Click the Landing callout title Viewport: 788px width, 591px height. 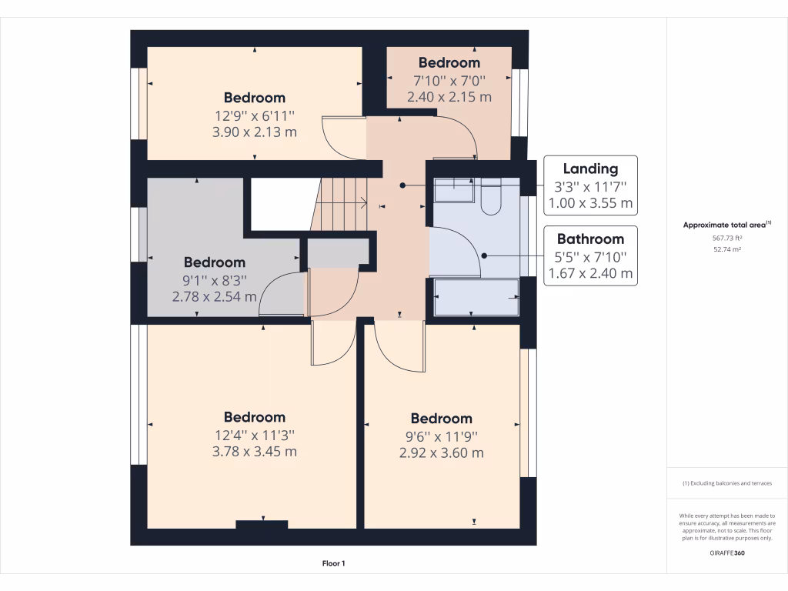[x=590, y=169]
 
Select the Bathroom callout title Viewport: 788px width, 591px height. [x=590, y=239]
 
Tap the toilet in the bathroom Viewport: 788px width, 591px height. [x=490, y=200]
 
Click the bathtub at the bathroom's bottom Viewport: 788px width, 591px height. [x=477, y=297]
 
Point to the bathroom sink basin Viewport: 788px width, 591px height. [x=454, y=189]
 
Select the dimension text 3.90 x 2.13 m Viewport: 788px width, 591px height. [x=254, y=132]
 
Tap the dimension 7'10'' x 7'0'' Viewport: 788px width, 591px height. [x=449, y=80]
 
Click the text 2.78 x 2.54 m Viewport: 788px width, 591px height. [x=214, y=295]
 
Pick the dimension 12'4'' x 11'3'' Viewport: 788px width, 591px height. [x=254, y=435]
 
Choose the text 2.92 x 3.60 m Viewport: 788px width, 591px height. [x=441, y=453]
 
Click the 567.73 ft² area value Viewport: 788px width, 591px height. [x=726, y=238]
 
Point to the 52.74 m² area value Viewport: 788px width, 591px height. [x=726, y=249]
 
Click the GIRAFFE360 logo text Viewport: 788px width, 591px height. [x=726, y=553]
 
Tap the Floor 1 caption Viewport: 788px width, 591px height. [x=333, y=563]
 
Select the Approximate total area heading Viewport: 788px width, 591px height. [x=726, y=225]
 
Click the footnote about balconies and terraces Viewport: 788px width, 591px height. [x=726, y=483]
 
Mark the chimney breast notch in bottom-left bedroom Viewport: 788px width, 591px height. [x=262, y=525]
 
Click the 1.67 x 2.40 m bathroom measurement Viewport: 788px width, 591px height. [x=590, y=273]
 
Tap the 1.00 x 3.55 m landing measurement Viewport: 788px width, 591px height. [x=590, y=203]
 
